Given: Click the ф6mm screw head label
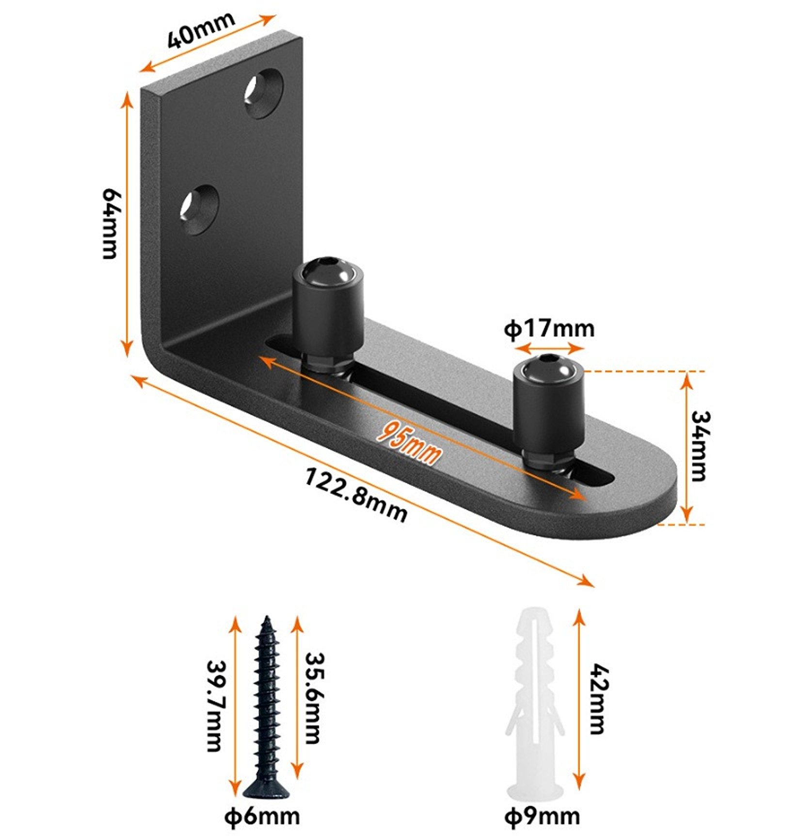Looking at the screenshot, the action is (x=262, y=817).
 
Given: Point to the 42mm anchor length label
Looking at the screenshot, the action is (x=599, y=699).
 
